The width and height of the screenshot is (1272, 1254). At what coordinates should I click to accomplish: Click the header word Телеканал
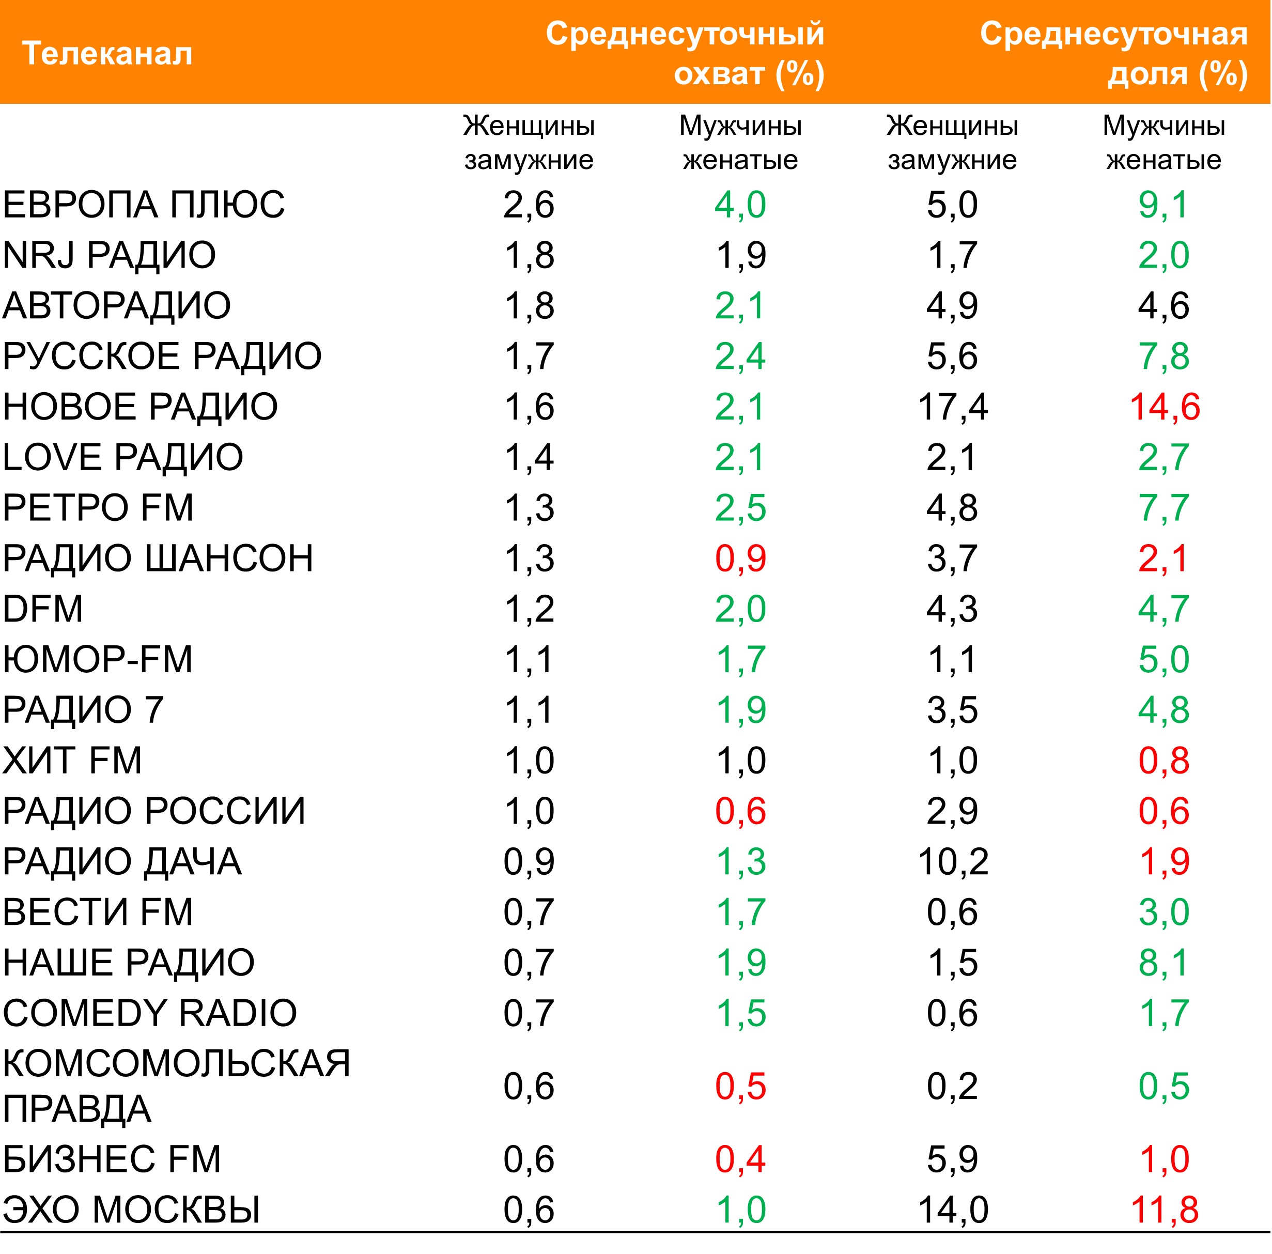click(107, 53)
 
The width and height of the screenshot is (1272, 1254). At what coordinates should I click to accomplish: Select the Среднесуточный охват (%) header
click(685, 53)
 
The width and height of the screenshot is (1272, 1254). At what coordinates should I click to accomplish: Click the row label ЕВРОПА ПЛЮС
click(144, 205)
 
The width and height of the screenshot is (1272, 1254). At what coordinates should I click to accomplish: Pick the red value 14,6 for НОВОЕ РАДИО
click(1164, 407)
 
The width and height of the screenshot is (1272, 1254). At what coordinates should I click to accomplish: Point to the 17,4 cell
click(952, 407)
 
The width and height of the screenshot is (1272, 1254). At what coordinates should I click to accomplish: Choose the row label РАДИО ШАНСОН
click(158, 558)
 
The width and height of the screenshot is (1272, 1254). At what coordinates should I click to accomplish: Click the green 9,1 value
click(1164, 205)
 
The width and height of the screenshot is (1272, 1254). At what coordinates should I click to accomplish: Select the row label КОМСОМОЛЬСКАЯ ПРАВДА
click(177, 1086)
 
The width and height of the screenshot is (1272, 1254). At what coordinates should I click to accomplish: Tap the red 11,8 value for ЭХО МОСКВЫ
click(1164, 1209)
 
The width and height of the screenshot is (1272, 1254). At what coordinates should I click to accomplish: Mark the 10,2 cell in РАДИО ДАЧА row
click(953, 861)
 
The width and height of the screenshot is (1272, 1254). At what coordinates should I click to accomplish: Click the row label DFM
click(43, 609)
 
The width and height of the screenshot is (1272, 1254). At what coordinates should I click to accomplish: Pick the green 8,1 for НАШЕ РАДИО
click(1164, 963)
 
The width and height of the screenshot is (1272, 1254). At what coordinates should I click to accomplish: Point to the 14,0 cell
click(953, 1209)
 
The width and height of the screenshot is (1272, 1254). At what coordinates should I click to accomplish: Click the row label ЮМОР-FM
click(98, 660)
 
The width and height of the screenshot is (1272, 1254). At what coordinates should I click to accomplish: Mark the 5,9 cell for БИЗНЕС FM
click(952, 1158)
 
